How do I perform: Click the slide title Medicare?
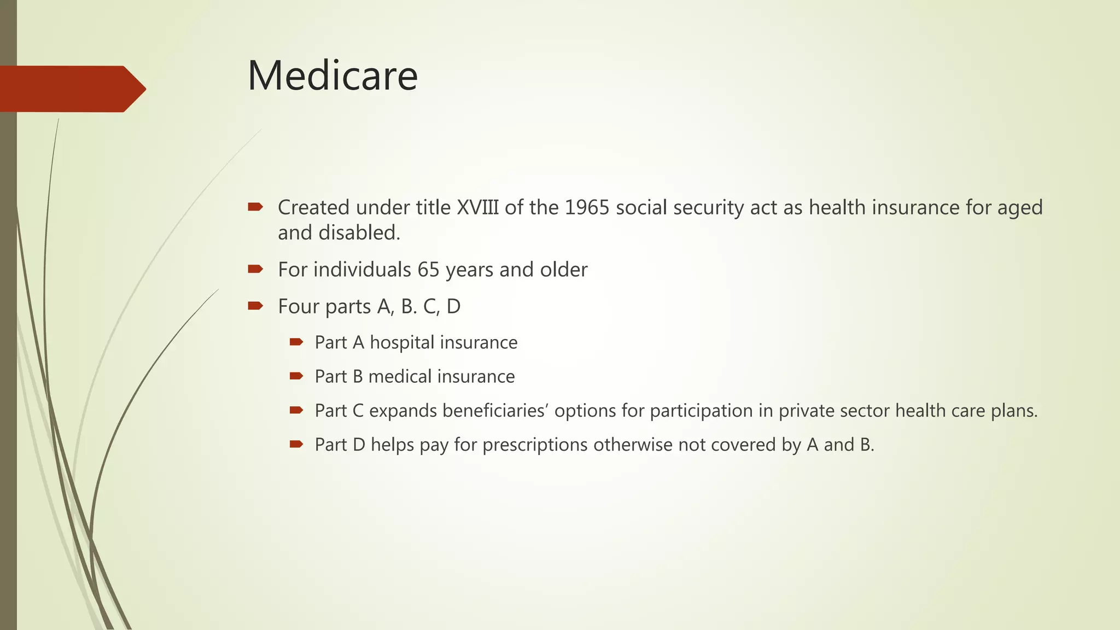point(332,75)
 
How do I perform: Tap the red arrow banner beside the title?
point(71,89)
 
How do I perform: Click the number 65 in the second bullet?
point(428,270)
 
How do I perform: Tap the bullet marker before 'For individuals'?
point(255,269)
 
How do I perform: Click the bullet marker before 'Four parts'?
point(255,305)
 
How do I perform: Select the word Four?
point(298,306)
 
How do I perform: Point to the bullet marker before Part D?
point(296,444)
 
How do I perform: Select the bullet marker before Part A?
point(296,342)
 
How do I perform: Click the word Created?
point(313,208)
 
